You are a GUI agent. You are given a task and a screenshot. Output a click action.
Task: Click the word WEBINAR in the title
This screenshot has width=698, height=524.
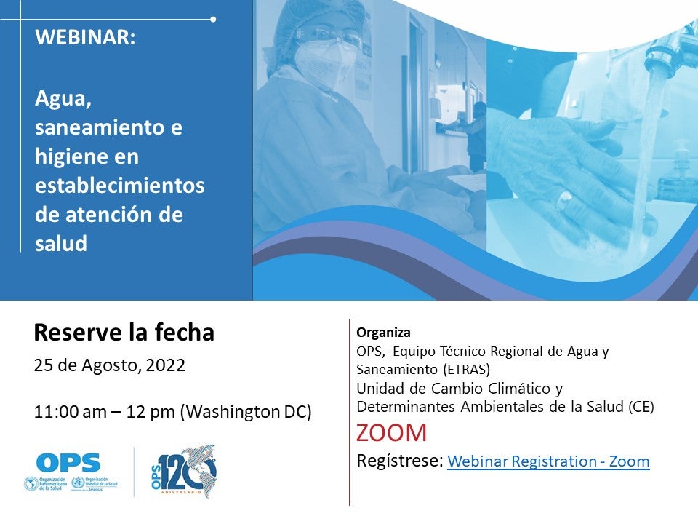pos(85,39)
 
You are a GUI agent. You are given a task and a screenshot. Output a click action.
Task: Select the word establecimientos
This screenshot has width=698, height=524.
pos(120,185)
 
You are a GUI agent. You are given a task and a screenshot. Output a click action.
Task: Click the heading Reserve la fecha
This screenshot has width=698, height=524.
pos(124,333)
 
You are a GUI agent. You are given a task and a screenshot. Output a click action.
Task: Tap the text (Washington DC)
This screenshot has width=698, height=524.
pos(246,412)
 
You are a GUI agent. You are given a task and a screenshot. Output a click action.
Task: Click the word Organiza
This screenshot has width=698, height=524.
pos(383,333)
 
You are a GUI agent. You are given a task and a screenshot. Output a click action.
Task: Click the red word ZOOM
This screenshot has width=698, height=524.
pos(391,433)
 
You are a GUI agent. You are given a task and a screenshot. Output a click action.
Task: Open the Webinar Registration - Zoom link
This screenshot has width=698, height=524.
pos(548,461)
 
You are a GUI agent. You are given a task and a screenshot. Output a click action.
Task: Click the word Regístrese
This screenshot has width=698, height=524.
pos(400,461)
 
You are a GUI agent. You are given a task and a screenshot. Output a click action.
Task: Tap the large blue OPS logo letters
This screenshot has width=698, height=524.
pos(68,462)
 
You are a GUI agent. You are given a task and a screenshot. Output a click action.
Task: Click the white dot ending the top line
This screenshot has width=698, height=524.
pos(213,19)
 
